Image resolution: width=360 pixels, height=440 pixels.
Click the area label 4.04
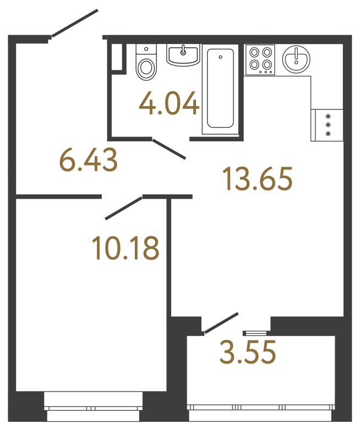coord(169,103)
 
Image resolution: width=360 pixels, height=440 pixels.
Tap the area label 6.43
coord(88,161)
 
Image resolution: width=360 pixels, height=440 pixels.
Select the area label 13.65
coord(257,179)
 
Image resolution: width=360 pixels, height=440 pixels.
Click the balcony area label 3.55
coord(247,353)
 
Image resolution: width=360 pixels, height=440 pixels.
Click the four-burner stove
coord(260,60)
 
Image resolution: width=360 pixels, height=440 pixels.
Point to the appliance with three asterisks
coord(328,125)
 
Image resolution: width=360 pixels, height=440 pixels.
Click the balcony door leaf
coord(221,323)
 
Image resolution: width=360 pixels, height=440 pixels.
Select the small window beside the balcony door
coord(255,332)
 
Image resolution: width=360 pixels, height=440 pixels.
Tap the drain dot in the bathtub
coord(220,57)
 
